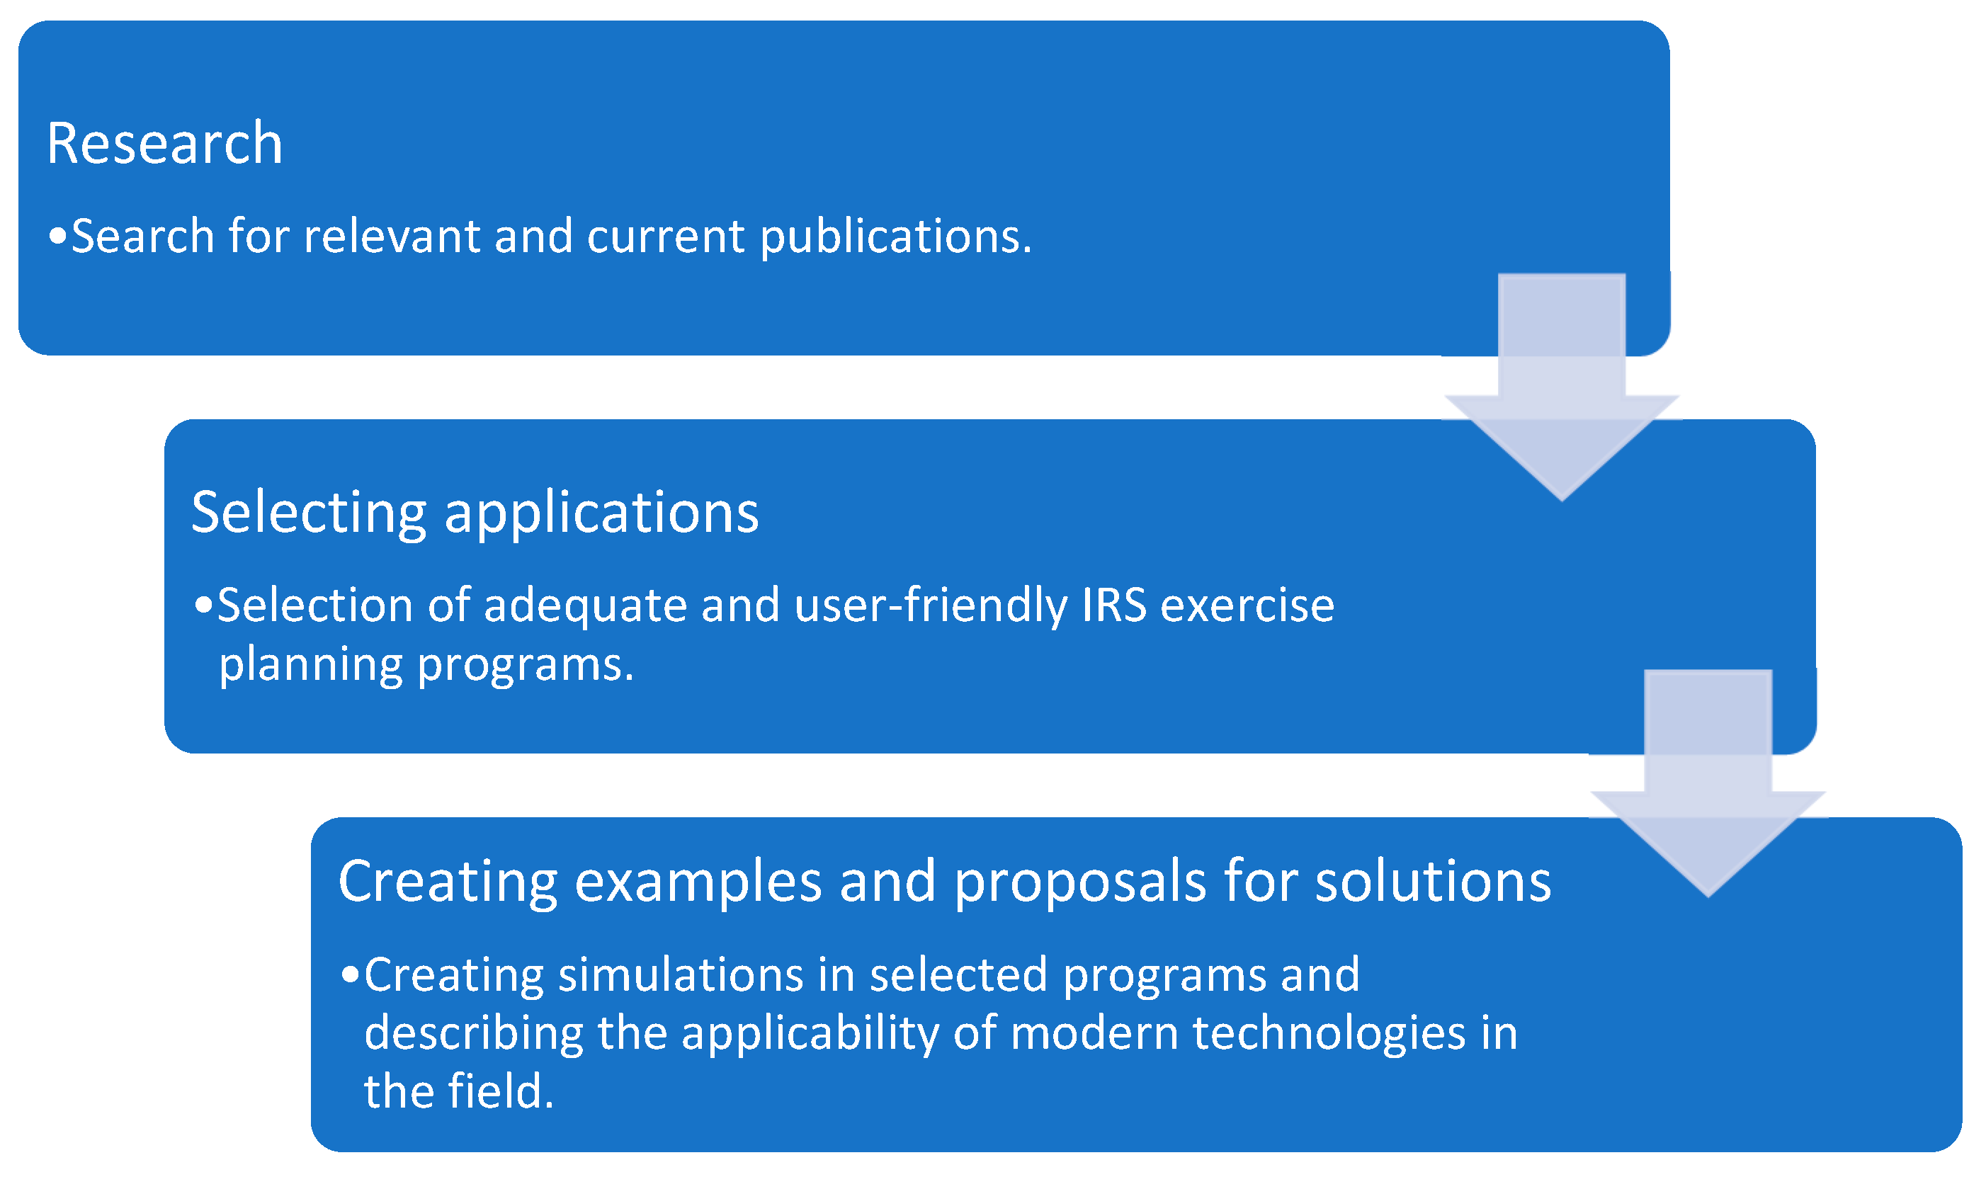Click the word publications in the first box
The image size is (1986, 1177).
(896, 237)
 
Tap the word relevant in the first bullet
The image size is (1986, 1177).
(392, 236)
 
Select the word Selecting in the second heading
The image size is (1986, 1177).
(310, 513)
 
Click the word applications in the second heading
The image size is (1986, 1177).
(602, 513)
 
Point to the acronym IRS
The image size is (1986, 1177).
(1114, 605)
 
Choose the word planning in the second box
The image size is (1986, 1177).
(311, 666)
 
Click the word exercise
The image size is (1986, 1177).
(1247, 605)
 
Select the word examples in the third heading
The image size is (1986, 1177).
(698, 882)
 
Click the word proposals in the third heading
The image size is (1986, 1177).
(1080, 882)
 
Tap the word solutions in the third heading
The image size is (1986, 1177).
(1433, 881)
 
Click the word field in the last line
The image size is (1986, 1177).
(501, 1091)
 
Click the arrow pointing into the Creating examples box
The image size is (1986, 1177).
(1708, 785)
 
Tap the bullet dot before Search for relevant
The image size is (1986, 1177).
(57, 236)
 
